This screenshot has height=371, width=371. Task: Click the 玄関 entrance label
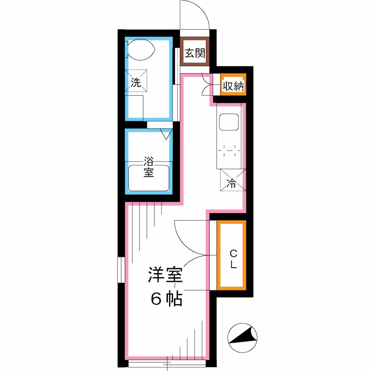(195, 52)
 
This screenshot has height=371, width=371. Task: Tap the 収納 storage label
(232, 86)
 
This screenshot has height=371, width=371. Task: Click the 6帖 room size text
(166, 299)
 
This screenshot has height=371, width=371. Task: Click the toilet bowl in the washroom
(141, 50)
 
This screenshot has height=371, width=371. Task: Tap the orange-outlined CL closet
(231, 255)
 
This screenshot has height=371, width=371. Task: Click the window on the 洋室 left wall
(121, 269)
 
